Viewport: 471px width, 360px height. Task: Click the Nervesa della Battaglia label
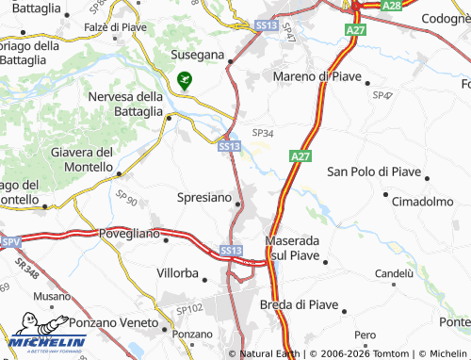[125, 105]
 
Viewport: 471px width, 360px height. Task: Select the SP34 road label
[262, 133]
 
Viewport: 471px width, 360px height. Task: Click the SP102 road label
[189, 308]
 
